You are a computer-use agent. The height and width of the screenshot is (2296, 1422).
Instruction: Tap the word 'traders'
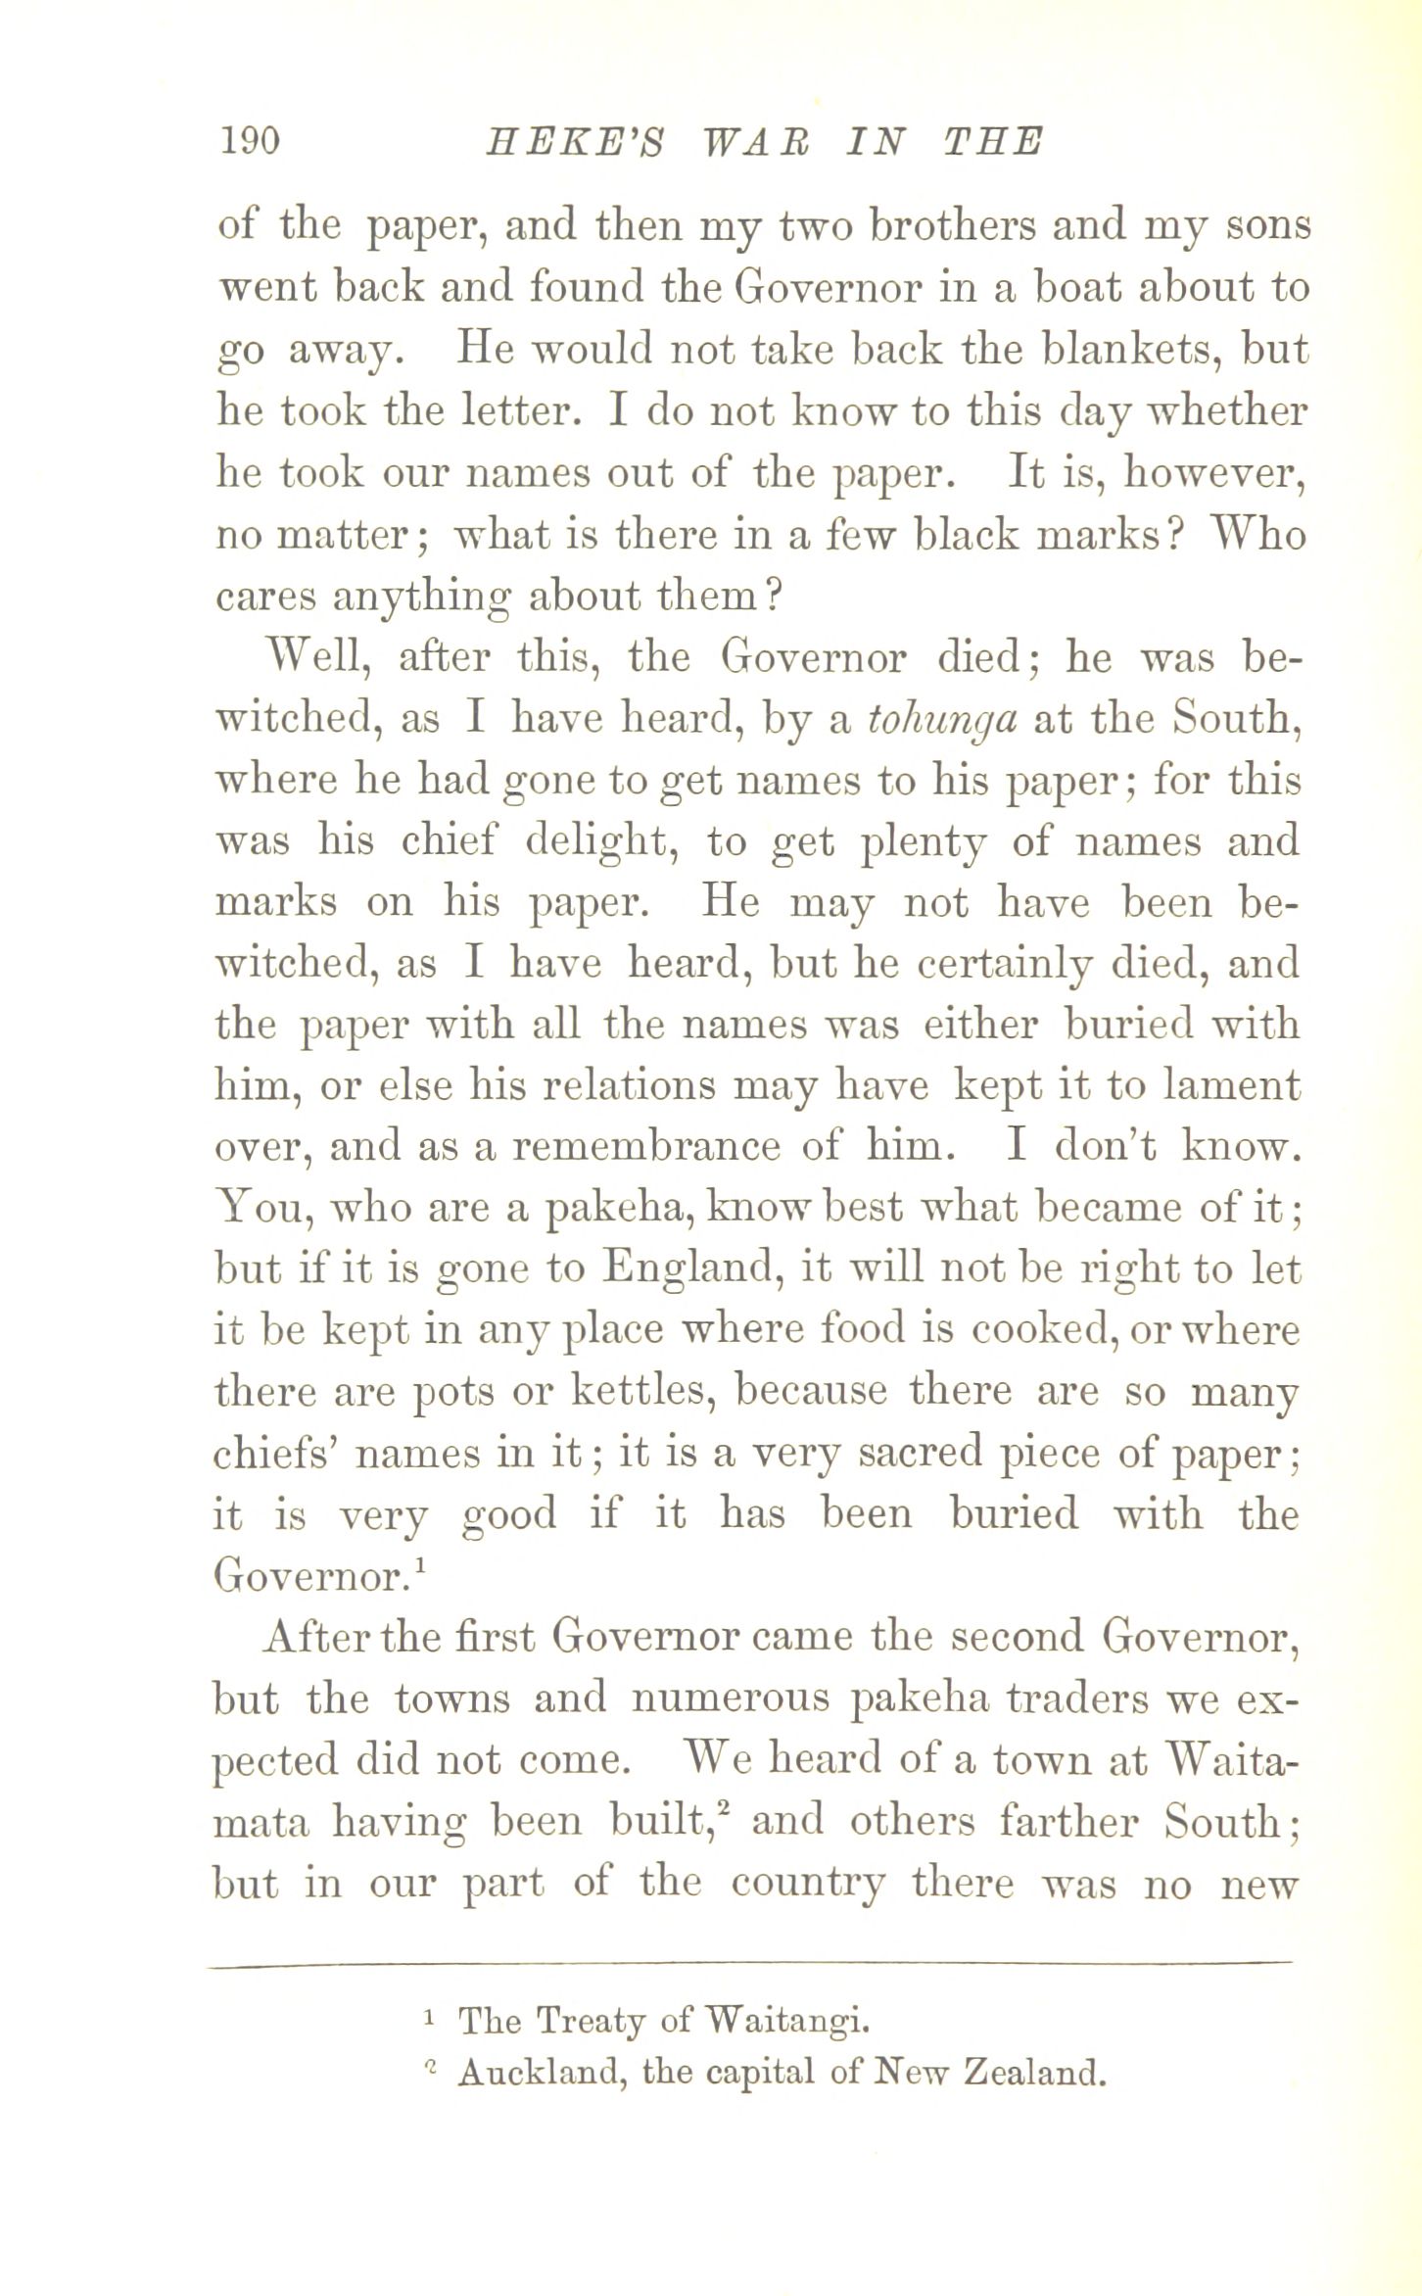pyautogui.click(x=1079, y=1699)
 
